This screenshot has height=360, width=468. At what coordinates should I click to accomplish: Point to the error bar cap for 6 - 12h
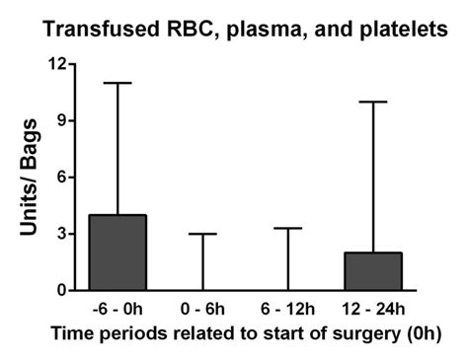[287, 228]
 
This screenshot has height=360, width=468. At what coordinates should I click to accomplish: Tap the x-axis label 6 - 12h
[287, 309]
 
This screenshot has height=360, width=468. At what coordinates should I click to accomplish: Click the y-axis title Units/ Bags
[30, 178]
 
